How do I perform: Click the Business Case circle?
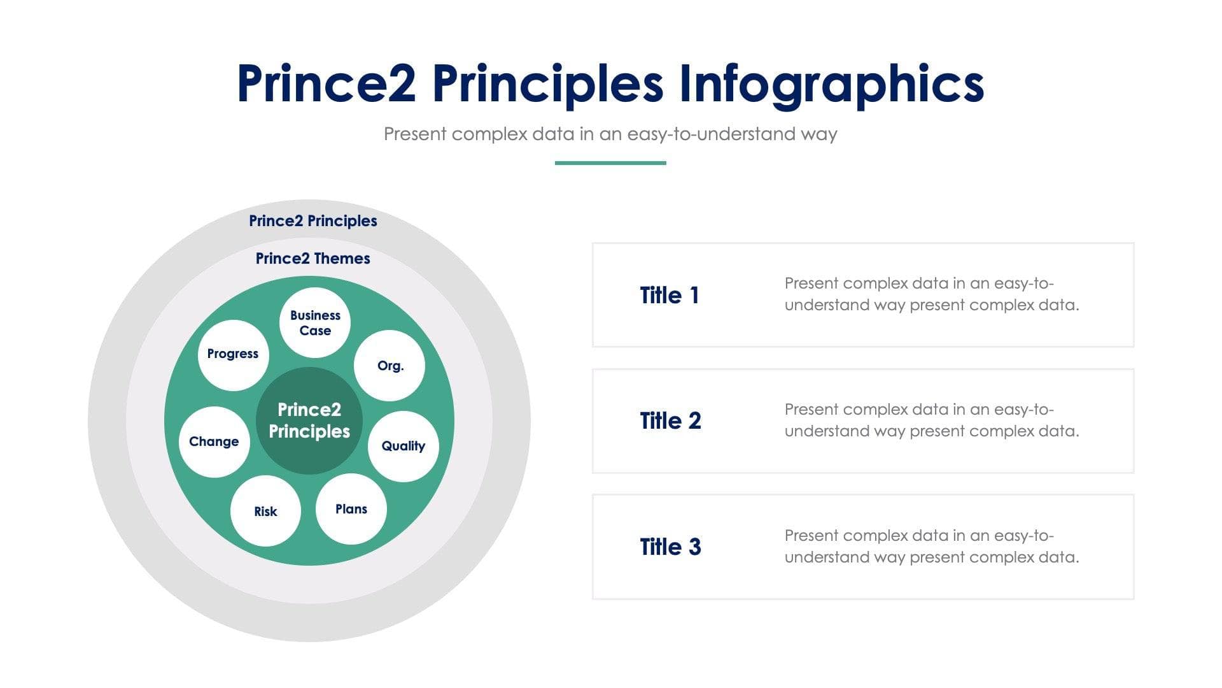(315, 322)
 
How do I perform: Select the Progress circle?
(233, 355)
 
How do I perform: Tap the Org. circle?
(390, 366)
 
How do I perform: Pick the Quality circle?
(403, 446)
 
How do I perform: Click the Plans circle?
(351, 509)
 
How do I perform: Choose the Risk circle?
(265, 511)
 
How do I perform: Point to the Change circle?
(214, 441)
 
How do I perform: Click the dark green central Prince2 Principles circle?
(309, 420)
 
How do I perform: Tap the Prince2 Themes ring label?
(313, 259)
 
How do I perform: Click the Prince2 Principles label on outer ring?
(313, 221)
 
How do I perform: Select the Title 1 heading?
(670, 296)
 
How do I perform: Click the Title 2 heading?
(670, 421)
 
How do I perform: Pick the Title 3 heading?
(670, 547)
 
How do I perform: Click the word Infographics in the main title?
(831, 85)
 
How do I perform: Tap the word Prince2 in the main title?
(327, 83)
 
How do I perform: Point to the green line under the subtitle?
(610, 163)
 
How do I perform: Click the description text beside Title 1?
(931, 294)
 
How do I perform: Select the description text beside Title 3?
(931, 547)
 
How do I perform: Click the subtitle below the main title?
(610, 134)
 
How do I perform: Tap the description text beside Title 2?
(931, 420)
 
